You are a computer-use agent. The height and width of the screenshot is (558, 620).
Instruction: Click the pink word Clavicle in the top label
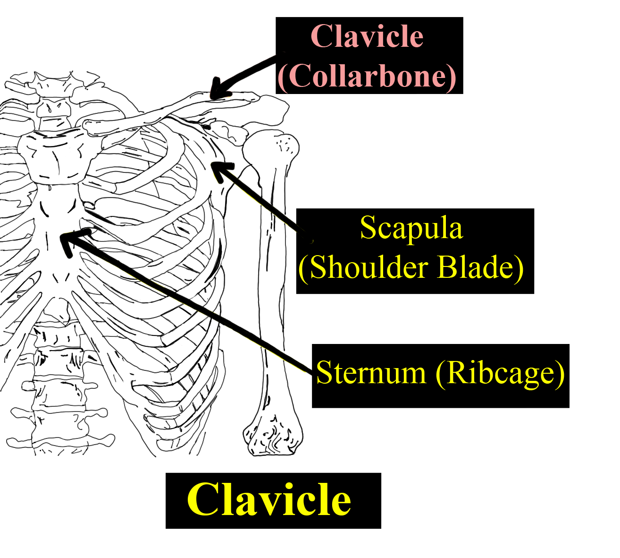tap(367, 36)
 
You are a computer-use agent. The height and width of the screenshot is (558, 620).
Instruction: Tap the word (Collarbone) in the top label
tap(367, 76)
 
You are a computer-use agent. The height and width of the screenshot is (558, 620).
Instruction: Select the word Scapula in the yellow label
tap(411, 228)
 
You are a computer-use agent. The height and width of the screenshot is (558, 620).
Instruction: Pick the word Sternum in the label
tap(371, 373)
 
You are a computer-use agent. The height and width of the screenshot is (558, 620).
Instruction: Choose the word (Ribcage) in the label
tap(500, 373)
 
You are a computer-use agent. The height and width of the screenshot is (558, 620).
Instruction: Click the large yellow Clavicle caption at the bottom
tap(269, 500)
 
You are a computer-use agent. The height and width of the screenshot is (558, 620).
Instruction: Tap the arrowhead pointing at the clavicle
tap(218, 90)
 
